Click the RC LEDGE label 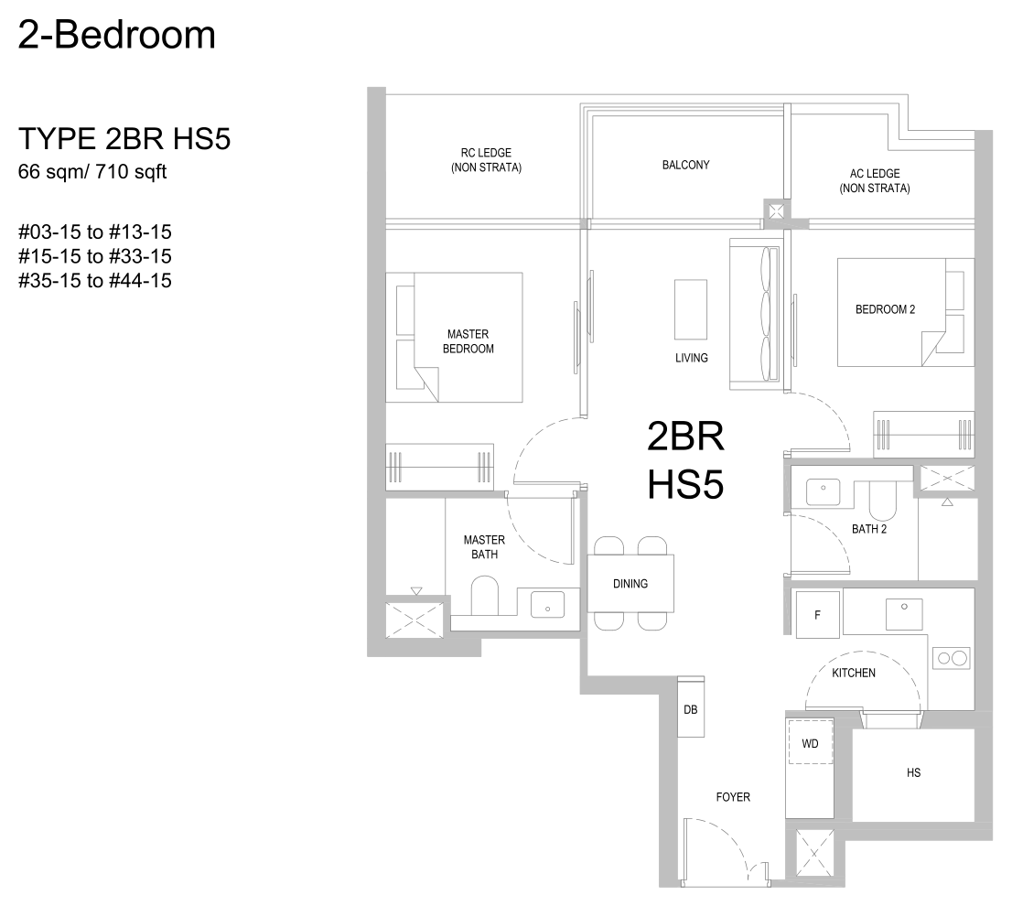pyautogui.click(x=486, y=160)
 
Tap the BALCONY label pyautogui.click(x=685, y=166)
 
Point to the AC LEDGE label pyautogui.click(x=875, y=180)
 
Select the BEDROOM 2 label pyautogui.click(x=885, y=309)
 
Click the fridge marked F pyautogui.click(x=818, y=614)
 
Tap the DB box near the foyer pyautogui.click(x=691, y=706)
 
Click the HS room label pyautogui.click(x=913, y=772)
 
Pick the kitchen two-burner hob pyautogui.click(x=952, y=658)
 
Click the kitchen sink pyautogui.click(x=904, y=614)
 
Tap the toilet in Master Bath pyautogui.click(x=485, y=596)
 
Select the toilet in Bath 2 pyautogui.click(x=883, y=500)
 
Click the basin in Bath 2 pyautogui.click(x=823, y=491)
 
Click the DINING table pyautogui.click(x=630, y=583)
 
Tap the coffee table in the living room pyautogui.click(x=691, y=309)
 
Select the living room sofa pyautogui.click(x=755, y=314)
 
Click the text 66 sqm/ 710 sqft pyautogui.click(x=92, y=172)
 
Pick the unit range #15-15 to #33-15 pyautogui.click(x=95, y=256)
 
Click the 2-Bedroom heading pyautogui.click(x=117, y=35)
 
